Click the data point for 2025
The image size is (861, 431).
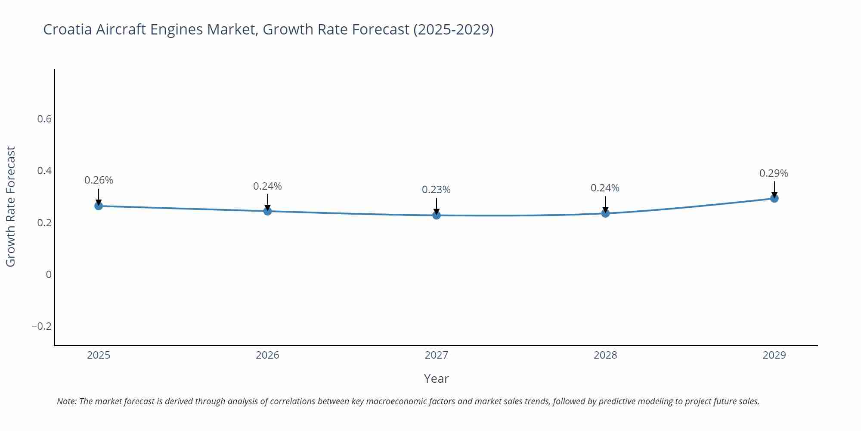99,206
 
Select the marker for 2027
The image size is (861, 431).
437,215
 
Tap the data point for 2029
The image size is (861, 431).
774,198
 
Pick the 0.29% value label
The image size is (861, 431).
774,173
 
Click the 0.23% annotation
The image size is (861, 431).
436,190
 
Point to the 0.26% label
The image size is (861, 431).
99,180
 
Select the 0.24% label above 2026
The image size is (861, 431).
267,186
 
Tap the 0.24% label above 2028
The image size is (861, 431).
605,188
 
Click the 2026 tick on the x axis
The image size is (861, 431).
267,355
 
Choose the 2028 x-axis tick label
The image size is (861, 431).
605,355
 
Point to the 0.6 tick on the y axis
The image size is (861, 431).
44,119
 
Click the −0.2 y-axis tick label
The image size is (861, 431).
41,326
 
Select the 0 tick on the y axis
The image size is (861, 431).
49,275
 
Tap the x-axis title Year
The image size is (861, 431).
436,378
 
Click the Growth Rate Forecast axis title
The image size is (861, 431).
11,206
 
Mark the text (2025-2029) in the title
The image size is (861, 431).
453,30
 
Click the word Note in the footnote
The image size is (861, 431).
66,401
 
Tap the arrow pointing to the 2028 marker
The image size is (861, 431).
605,204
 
